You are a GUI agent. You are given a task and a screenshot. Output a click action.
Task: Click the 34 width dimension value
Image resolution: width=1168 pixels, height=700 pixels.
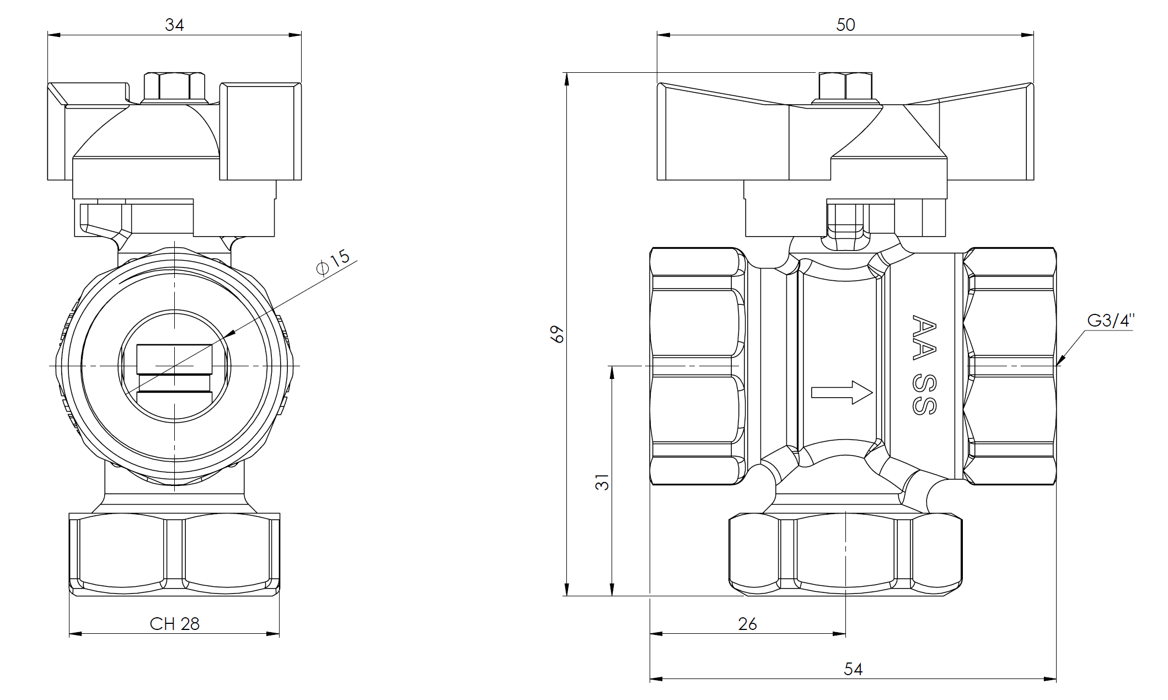[x=174, y=25]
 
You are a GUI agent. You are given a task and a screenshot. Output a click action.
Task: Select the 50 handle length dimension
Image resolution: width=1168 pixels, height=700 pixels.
[x=845, y=25]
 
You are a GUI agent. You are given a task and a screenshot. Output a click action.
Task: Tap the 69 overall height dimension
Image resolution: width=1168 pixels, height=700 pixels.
[x=558, y=334]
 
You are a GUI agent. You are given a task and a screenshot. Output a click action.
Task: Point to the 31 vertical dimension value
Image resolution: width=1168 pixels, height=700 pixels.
[x=604, y=482]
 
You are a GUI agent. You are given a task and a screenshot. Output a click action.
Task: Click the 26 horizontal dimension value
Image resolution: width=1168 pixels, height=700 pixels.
[x=747, y=624]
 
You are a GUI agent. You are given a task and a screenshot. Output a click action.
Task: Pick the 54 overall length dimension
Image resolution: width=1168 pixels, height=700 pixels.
[x=853, y=669]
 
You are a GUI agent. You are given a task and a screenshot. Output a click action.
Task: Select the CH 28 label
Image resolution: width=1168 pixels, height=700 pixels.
[x=174, y=624]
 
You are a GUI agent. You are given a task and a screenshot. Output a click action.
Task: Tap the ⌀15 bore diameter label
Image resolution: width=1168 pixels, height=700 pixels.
[x=333, y=261]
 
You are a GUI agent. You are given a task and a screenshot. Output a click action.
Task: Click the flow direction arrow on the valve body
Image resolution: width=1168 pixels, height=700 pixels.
[x=842, y=393]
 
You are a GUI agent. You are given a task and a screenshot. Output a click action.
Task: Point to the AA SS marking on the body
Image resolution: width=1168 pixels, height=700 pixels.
[x=924, y=364]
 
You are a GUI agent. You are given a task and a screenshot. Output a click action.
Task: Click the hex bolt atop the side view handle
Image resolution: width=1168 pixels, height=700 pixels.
[x=845, y=87]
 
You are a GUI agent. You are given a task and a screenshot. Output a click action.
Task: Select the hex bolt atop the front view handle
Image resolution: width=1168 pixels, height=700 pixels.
[x=174, y=87]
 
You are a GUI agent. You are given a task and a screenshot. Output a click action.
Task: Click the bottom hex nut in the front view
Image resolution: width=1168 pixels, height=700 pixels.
[x=174, y=553]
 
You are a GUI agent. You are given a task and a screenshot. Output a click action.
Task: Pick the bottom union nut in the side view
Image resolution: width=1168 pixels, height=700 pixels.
[x=845, y=553]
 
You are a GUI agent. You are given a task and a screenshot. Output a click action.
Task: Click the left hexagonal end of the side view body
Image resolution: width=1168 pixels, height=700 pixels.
[x=696, y=366]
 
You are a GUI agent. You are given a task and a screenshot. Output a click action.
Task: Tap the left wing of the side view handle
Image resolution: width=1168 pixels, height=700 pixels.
[x=722, y=138]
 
